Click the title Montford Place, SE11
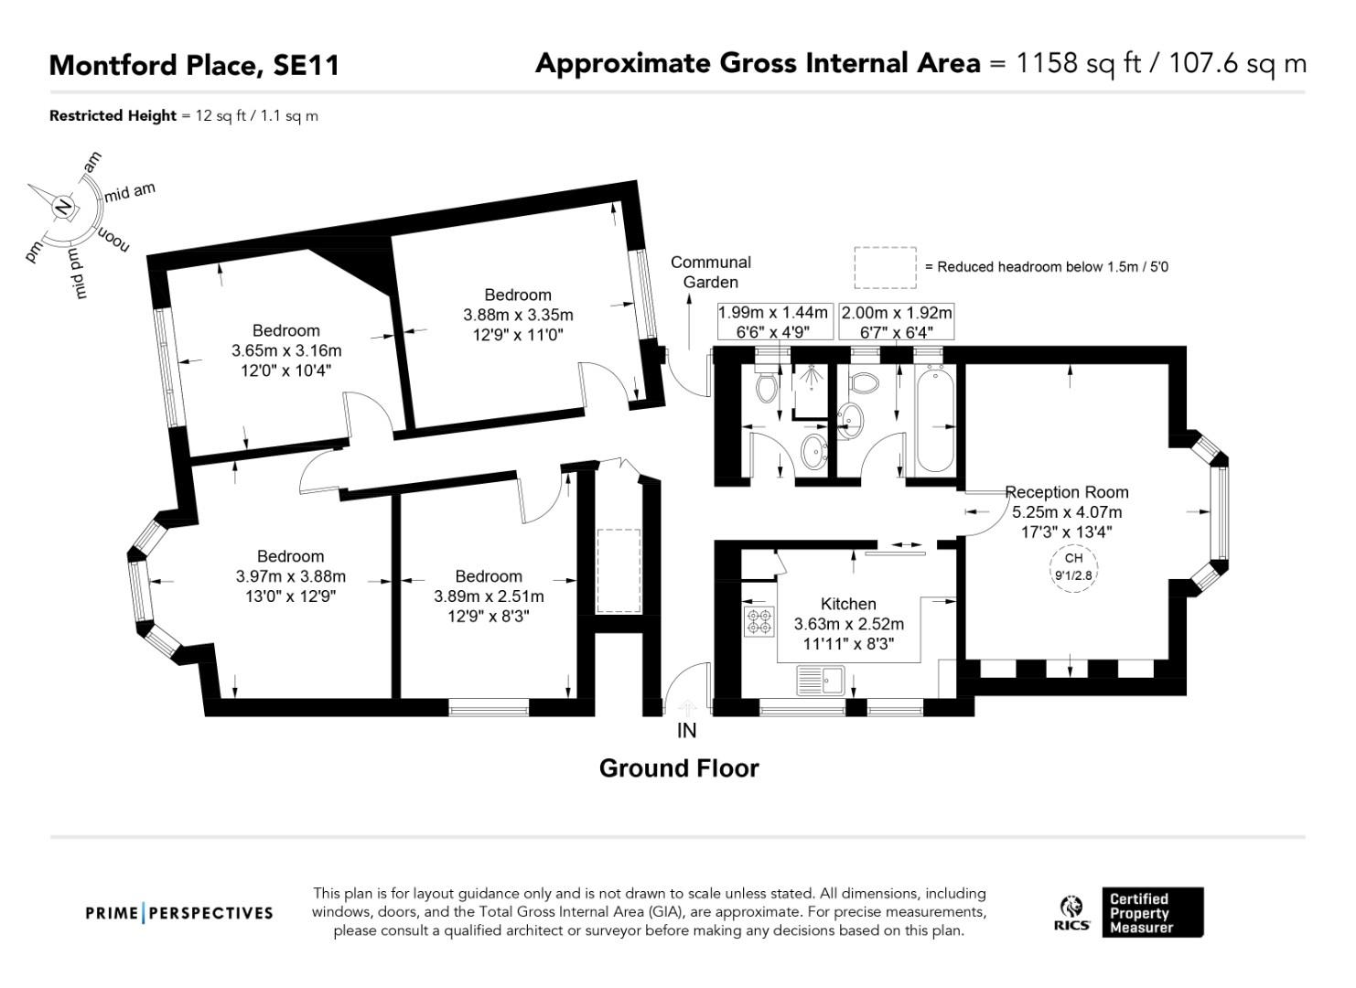tap(194, 65)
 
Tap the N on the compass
tap(63, 208)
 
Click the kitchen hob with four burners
tap(759, 622)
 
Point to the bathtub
tap(935, 419)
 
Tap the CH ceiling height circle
tap(1073, 566)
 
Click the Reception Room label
tap(1067, 492)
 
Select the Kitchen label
tap(848, 604)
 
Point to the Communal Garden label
tap(710, 272)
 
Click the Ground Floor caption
tap(679, 768)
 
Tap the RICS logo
tap(1071, 913)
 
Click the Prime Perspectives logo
tap(179, 913)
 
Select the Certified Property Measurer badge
tap(1152, 912)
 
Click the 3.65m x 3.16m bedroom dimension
tap(286, 350)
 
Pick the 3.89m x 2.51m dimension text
tap(489, 596)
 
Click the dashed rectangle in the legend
tap(885, 267)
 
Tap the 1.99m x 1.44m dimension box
tap(774, 322)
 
